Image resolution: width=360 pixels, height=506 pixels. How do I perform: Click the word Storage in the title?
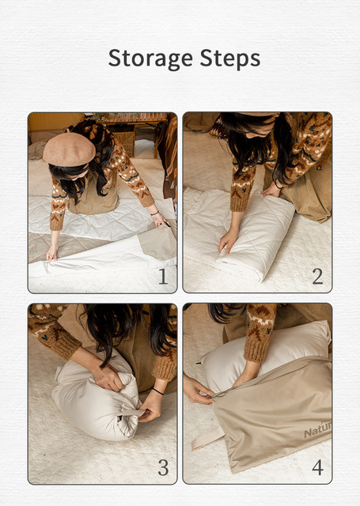(x=150, y=59)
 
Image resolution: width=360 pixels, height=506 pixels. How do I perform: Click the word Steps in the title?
(x=230, y=59)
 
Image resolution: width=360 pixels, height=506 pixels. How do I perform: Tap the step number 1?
(x=163, y=277)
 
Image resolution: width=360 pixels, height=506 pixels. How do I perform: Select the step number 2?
(x=318, y=277)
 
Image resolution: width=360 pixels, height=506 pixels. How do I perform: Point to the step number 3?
(x=163, y=467)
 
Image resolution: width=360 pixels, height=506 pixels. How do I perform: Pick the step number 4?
(x=318, y=467)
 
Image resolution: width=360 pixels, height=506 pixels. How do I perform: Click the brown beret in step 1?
(x=69, y=149)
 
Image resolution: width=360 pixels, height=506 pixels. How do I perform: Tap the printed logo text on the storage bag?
(x=318, y=430)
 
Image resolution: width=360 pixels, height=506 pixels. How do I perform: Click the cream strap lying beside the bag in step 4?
(x=207, y=437)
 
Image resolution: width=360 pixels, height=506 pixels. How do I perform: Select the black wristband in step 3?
(x=158, y=391)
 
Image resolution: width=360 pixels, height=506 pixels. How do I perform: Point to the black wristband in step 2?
(x=277, y=184)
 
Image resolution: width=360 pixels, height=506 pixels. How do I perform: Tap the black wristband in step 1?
(x=154, y=213)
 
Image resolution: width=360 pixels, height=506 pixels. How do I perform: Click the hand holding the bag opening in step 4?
(x=198, y=390)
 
